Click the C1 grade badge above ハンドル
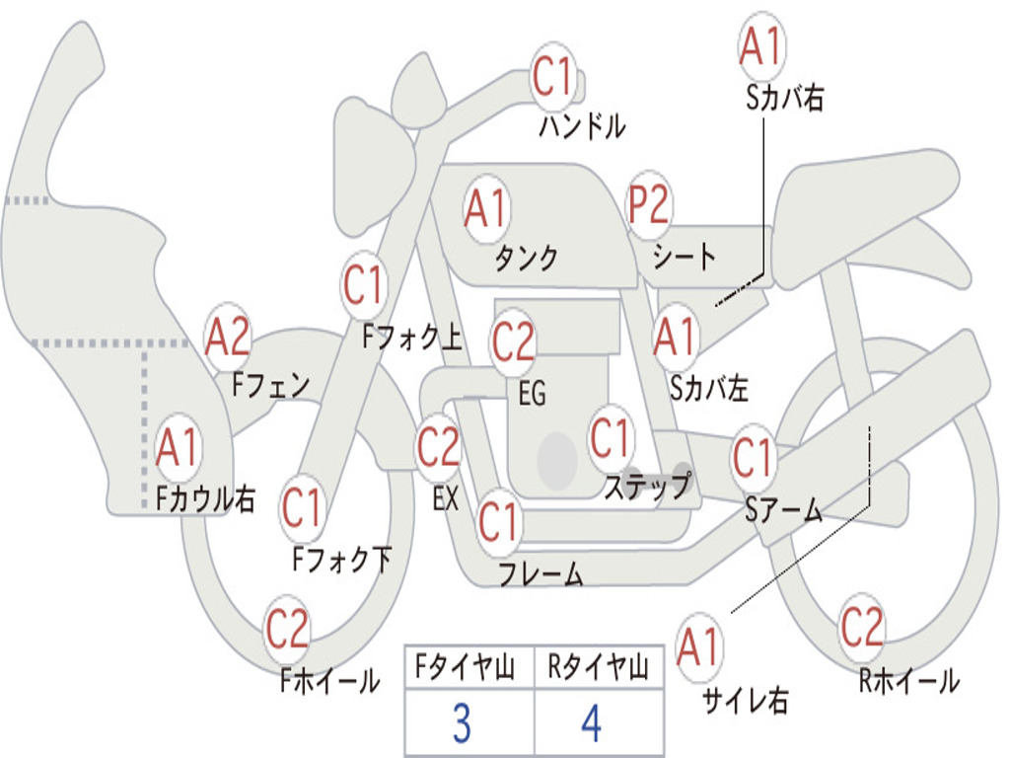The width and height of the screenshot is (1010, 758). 552,76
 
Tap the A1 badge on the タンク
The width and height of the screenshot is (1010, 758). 485,209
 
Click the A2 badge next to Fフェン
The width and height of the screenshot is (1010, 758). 228,337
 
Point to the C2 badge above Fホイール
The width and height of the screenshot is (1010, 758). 287,629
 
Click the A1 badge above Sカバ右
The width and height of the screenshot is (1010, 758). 759,46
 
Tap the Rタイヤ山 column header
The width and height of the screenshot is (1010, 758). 598,669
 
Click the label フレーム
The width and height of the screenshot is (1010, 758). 541,573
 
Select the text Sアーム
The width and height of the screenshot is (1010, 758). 783,510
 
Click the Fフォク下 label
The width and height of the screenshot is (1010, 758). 342,561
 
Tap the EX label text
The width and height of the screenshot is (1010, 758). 446,498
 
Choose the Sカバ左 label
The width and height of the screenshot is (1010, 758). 709,389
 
